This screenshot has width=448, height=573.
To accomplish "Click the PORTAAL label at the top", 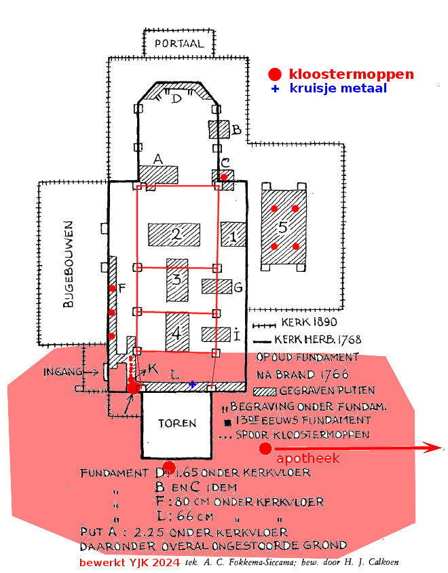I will click(179, 44).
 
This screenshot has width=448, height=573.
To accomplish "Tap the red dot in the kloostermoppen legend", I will click(274, 74).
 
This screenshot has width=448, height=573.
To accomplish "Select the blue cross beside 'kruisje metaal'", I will click(275, 89).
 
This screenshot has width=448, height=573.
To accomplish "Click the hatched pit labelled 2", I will click(175, 235).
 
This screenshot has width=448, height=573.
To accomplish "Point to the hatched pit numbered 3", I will click(177, 279).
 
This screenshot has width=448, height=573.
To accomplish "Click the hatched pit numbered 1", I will click(233, 235).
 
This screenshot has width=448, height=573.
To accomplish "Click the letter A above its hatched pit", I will click(158, 159).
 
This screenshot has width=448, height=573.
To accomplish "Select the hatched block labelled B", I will click(219, 130).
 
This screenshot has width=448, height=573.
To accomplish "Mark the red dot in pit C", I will click(223, 177).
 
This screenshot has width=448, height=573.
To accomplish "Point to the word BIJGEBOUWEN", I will click(68, 265).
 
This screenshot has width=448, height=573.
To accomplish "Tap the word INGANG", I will click(62, 372).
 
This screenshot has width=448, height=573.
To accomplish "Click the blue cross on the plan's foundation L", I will click(192, 385).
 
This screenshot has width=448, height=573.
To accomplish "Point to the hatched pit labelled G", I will click(217, 287).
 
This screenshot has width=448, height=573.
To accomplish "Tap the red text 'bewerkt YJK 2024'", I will click(130, 563).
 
